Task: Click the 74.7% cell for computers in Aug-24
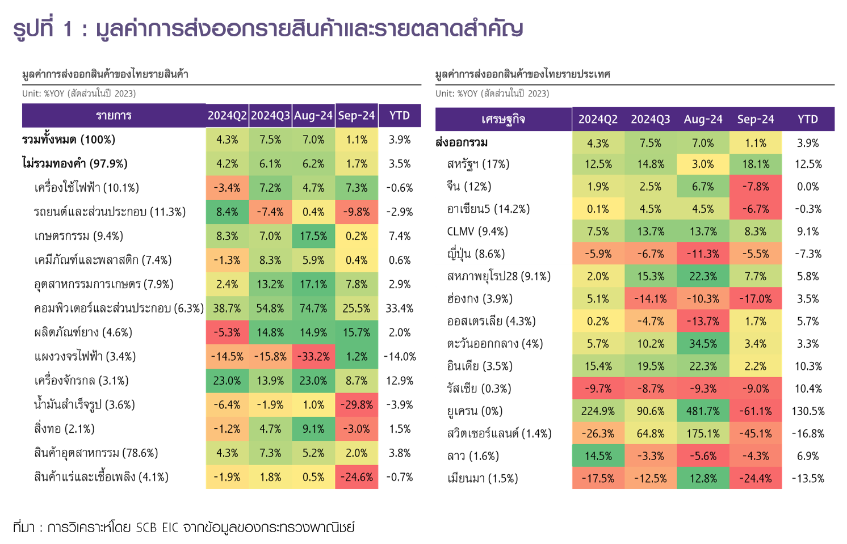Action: (x=313, y=309)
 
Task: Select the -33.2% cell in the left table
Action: (x=313, y=357)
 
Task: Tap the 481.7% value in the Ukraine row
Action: (x=703, y=411)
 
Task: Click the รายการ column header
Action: (x=114, y=116)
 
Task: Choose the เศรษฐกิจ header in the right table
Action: (x=503, y=120)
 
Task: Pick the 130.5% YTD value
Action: (x=808, y=411)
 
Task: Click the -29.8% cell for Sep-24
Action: (x=357, y=405)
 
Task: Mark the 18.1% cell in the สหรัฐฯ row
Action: (x=756, y=165)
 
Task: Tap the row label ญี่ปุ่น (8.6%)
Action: (x=476, y=254)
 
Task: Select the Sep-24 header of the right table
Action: (x=756, y=120)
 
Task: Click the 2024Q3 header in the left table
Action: (x=270, y=116)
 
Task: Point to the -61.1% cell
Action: (x=756, y=411)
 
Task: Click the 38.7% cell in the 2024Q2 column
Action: (x=227, y=309)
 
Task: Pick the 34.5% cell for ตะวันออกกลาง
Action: (x=703, y=344)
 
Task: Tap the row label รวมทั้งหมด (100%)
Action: (x=69, y=140)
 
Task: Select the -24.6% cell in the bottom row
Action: (x=357, y=478)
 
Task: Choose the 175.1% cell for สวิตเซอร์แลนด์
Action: (x=703, y=434)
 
